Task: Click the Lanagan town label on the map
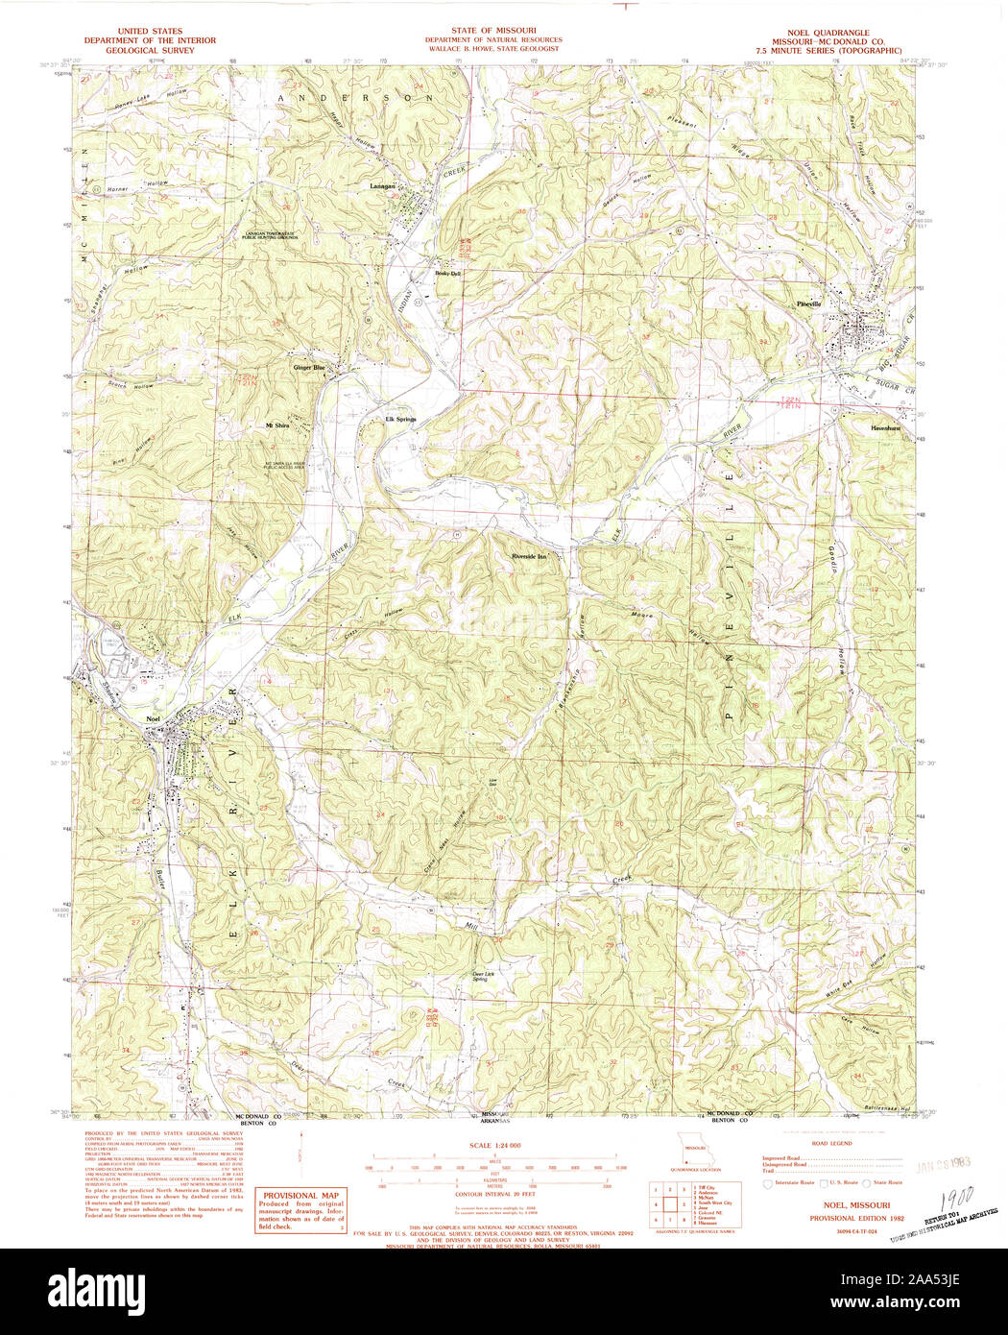pos(384,185)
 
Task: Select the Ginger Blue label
pos(309,367)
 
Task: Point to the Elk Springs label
pos(401,420)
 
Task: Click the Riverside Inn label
pos(529,556)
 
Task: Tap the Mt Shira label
pos(277,425)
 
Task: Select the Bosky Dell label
pos(448,274)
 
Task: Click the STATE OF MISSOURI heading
pos(493,31)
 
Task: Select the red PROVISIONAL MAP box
pos(300,1210)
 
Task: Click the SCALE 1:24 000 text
pos(494,1146)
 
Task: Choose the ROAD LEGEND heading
pos(831,1144)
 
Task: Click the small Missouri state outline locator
pos(687,1148)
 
